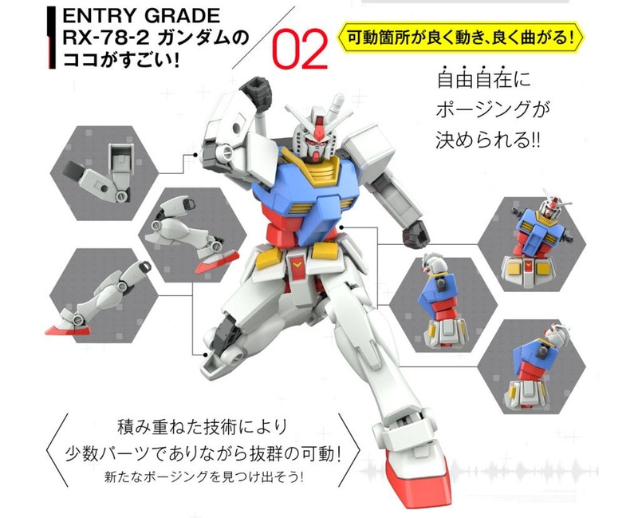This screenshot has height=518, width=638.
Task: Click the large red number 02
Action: click(x=300, y=49)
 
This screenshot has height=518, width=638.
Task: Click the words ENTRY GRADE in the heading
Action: click(x=141, y=16)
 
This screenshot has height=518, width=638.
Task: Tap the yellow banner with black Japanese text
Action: click(x=460, y=38)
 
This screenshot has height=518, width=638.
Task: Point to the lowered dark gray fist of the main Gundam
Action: click(x=418, y=234)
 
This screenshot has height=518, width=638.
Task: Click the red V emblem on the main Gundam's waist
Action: click(x=297, y=265)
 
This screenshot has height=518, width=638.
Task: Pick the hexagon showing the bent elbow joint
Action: click(x=104, y=173)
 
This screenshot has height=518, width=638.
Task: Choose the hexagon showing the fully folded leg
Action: click(x=192, y=235)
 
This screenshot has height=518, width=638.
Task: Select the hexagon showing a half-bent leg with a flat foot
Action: click(x=103, y=295)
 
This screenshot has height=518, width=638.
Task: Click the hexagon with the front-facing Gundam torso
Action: click(x=532, y=244)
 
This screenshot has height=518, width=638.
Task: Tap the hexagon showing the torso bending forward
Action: click(x=443, y=305)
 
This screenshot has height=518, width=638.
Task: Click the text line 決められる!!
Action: click(x=488, y=140)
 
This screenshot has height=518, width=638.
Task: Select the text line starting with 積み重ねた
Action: click(x=203, y=427)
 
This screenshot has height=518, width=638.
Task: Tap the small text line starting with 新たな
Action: click(x=203, y=476)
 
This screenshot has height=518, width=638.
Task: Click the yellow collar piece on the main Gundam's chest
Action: click(x=313, y=168)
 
